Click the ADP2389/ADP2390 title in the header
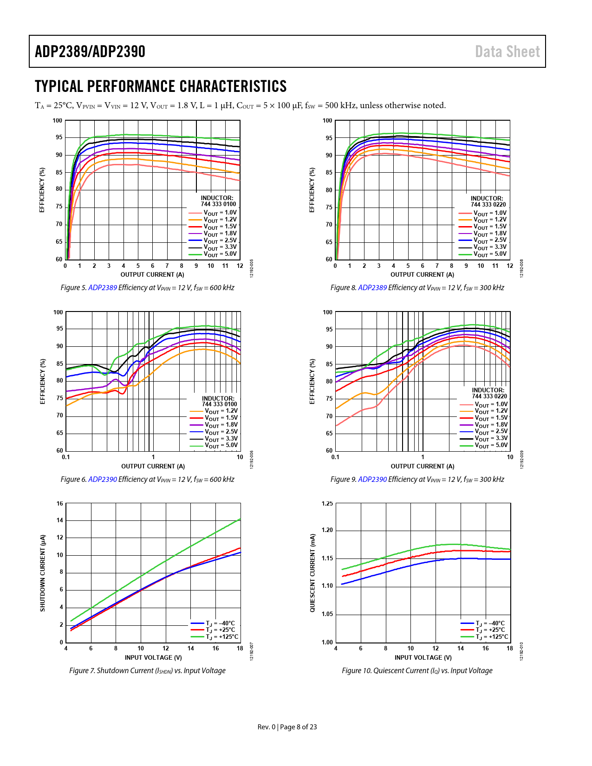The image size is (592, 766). click(x=90, y=52)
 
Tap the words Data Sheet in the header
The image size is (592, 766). click(x=507, y=52)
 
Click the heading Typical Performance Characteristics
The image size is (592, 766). click(x=161, y=86)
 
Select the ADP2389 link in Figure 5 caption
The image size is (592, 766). click(x=103, y=288)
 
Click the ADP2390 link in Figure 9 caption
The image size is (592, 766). click(x=372, y=480)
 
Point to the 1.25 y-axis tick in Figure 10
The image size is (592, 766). click(x=327, y=504)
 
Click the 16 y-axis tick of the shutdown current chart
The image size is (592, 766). click(x=60, y=504)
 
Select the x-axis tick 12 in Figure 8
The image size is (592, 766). click(x=510, y=266)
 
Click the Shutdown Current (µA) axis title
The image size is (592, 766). click(x=43, y=573)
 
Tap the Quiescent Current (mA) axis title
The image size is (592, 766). click(x=312, y=573)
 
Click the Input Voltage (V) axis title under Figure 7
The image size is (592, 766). click(x=153, y=658)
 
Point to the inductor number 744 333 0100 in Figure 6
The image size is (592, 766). click(x=219, y=404)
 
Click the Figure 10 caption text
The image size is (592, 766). click(x=417, y=671)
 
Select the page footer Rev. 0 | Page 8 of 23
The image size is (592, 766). click(x=287, y=727)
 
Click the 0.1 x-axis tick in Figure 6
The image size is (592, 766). click(x=66, y=457)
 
